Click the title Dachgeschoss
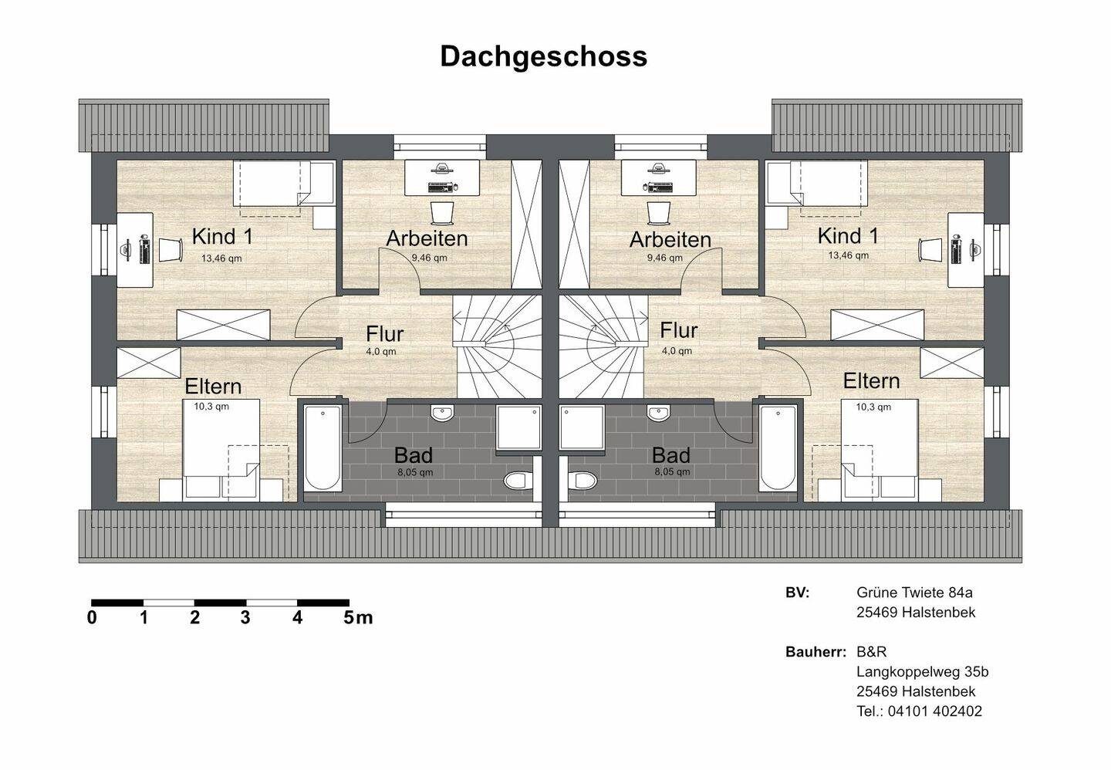(544, 57)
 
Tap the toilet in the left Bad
(516, 480)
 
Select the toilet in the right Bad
(583, 480)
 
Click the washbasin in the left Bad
(442, 413)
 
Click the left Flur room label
(385, 334)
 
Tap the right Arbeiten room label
(670, 240)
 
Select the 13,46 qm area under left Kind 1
(221, 258)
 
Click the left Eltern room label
(213, 387)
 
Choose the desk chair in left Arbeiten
(442, 213)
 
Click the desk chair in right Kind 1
(930, 249)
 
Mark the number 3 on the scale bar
(245, 618)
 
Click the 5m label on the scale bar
(358, 618)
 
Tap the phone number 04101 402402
(934, 711)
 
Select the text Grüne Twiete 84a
(914, 593)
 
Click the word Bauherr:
(816, 651)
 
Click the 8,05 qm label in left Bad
(415, 472)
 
